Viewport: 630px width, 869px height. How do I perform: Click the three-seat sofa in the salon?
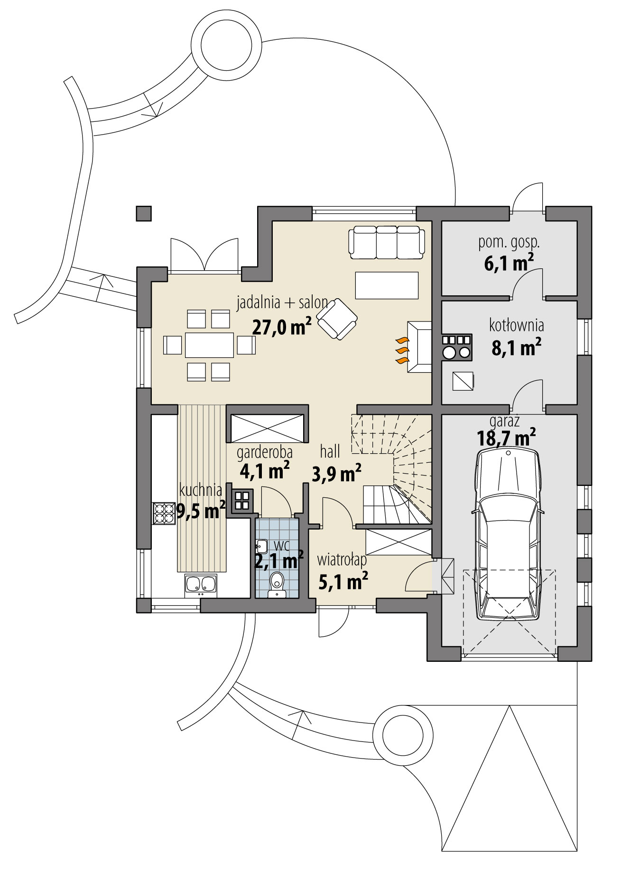[387, 242]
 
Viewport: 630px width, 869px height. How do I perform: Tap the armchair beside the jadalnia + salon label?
[337, 319]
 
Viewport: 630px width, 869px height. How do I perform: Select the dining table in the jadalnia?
[209, 345]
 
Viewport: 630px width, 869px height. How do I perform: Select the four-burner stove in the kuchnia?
[164, 513]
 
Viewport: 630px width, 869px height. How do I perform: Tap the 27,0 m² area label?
[281, 327]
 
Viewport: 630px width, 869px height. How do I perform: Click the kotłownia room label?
[516, 326]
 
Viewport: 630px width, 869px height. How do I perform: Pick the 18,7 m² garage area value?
[506, 437]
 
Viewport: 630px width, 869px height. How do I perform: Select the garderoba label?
[264, 453]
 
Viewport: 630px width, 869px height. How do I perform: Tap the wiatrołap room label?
[342, 560]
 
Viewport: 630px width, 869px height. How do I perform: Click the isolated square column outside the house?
[144, 213]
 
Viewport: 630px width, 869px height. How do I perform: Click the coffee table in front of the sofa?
[387, 285]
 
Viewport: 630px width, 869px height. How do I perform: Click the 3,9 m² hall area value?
[336, 473]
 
